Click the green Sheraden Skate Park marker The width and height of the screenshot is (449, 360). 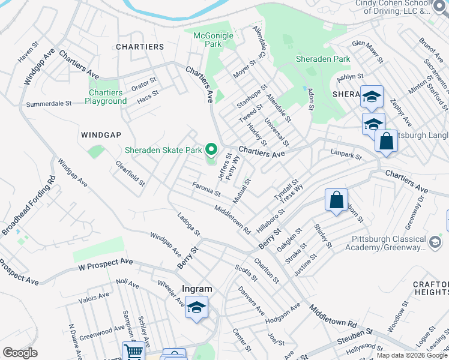coord(211,149)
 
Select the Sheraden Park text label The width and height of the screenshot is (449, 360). coord(323,59)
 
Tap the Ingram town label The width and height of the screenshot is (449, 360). coord(197,289)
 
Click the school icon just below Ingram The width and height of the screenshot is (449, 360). coord(196,308)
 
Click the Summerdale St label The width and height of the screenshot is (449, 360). coord(49,104)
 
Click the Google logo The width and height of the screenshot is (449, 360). coord(20,353)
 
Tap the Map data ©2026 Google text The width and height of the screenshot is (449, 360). coord(412,355)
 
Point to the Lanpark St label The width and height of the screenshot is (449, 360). coord(346,156)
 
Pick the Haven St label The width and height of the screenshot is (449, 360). coord(29,56)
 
